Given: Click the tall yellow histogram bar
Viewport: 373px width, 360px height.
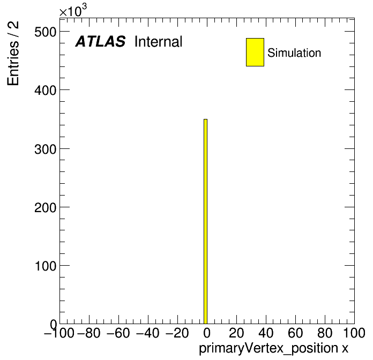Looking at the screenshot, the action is click(206, 221).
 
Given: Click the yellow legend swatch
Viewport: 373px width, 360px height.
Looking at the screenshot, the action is click(255, 52).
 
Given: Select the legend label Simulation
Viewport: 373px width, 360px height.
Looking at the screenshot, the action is click(294, 53).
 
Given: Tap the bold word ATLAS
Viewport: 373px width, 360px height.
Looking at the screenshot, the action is click(100, 41).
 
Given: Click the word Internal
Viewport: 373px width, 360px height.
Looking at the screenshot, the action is click(159, 42).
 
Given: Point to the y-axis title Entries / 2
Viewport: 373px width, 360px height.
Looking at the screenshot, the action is click(13, 53).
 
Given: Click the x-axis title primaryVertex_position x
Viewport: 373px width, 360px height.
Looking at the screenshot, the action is click(273, 348).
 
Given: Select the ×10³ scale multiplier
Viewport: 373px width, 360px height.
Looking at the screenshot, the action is click(73, 11).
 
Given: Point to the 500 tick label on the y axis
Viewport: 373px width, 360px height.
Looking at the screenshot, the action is click(46, 32).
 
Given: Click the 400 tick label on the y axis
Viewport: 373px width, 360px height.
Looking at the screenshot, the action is click(46, 91).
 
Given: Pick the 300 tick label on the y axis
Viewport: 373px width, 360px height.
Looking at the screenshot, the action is click(46, 149).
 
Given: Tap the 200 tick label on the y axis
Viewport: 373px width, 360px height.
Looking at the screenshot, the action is click(46, 207).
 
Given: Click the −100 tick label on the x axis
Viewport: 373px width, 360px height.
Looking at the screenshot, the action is click(59, 333).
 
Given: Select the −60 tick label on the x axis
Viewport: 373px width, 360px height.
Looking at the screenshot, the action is click(118, 333).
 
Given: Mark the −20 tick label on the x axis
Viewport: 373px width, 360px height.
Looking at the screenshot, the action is click(177, 333).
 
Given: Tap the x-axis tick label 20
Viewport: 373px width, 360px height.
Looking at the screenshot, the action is click(236, 333).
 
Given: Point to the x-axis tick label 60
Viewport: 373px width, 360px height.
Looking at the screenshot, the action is click(295, 333).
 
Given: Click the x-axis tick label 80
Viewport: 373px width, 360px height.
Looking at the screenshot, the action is click(325, 333).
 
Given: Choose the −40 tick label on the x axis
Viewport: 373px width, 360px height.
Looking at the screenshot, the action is click(148, 333).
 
